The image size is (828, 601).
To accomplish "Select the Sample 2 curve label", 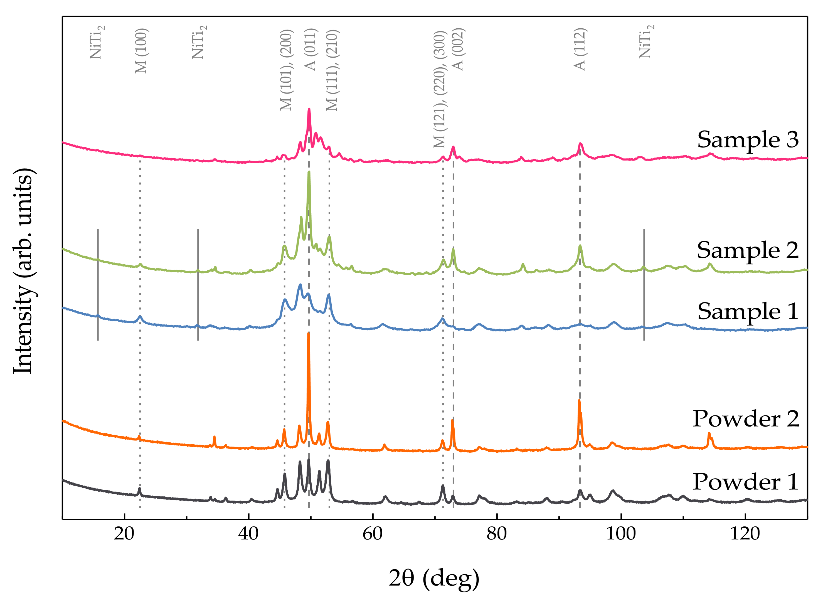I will point(747,250).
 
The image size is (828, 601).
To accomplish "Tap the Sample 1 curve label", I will point(747,311).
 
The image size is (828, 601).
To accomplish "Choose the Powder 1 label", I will point(745,482).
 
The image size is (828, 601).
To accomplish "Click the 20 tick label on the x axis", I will point(124,534).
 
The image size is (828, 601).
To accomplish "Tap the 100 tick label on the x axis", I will point(621,534).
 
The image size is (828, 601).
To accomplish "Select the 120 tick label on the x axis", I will point(745,534).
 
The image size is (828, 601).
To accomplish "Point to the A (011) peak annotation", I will point(310,49).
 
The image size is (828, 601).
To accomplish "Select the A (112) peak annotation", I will point(580,49).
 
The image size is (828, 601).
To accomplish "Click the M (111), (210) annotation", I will point(332,70).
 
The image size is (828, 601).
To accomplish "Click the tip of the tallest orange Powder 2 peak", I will point(309,334).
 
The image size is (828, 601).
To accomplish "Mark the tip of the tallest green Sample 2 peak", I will point(309,172).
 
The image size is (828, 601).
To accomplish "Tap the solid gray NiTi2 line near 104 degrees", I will point(644,285).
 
